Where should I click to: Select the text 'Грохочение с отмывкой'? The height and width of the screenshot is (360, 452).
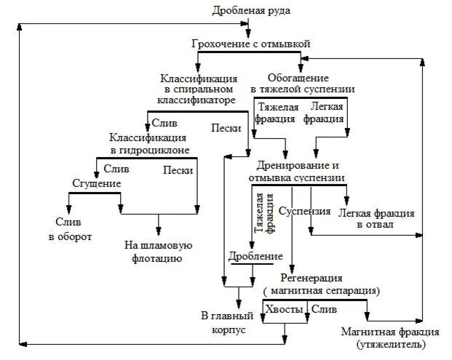pyautogui.click(x=251, y=44)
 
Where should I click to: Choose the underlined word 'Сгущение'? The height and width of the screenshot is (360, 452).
pyautogui.click(x=96, y=184)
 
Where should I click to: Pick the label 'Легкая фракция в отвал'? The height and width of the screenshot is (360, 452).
pyautogui.click(x=376, y=219)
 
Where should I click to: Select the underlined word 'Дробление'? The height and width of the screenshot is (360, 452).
pyautogui.click(x=255, y=256)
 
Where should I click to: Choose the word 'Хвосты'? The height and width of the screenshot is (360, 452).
pyautogui.click(x=283, y=309)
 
